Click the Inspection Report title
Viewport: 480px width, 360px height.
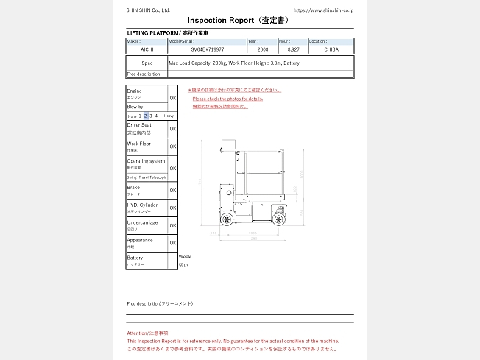(237, 21)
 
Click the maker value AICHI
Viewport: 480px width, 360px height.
(147, 49)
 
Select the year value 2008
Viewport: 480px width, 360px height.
(262, 49)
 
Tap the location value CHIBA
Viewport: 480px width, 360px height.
(331, 49)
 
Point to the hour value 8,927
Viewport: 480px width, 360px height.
(293, 49)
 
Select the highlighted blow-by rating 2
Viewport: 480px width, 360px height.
(146, 116)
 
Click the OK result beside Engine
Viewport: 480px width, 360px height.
(173, 97)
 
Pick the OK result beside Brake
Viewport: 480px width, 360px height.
(173, 191)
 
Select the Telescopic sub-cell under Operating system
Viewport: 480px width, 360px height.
(158, 177)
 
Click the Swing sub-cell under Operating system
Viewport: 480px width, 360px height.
(132, 177)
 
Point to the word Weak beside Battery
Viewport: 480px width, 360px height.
(184, 257)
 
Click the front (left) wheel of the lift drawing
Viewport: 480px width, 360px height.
(227, 219)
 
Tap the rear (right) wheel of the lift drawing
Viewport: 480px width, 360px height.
(278, 219)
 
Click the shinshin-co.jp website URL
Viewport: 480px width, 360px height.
(323, 10)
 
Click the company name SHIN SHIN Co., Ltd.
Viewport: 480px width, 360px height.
(149, 10)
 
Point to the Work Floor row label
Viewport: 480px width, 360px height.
(139, 146)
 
